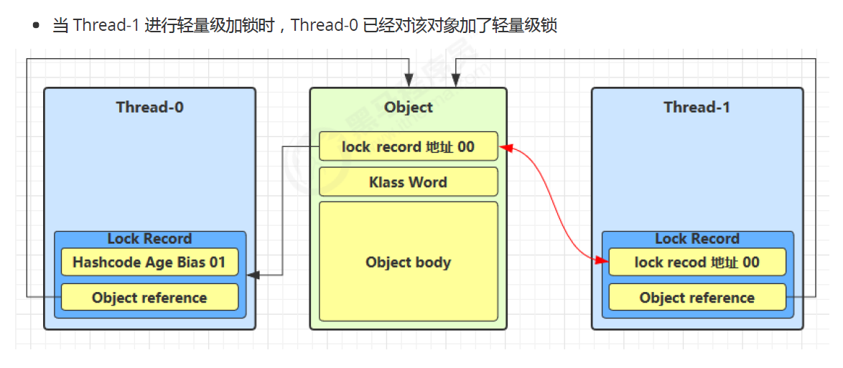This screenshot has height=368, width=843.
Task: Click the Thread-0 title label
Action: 149,107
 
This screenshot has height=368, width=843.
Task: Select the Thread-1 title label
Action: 697,107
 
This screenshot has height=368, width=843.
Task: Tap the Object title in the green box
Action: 408,107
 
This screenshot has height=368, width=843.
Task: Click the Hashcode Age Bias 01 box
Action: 149,263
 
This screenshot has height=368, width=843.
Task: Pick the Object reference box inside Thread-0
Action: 149,298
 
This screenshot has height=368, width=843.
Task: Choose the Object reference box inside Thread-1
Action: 697,298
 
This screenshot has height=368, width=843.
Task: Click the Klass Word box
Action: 408,182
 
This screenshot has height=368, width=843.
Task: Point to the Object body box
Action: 408,262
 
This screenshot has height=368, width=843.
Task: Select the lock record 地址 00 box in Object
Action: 408,146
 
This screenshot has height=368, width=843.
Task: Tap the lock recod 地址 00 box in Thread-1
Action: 697,263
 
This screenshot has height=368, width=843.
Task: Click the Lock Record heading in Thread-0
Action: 149,239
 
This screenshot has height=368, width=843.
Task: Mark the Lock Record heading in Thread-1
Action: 697,239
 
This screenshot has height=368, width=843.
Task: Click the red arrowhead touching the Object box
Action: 506,148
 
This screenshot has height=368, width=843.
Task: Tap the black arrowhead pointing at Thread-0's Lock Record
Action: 252,275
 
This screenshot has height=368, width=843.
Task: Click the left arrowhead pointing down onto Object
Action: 409,81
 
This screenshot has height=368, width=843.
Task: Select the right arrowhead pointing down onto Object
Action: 455,81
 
